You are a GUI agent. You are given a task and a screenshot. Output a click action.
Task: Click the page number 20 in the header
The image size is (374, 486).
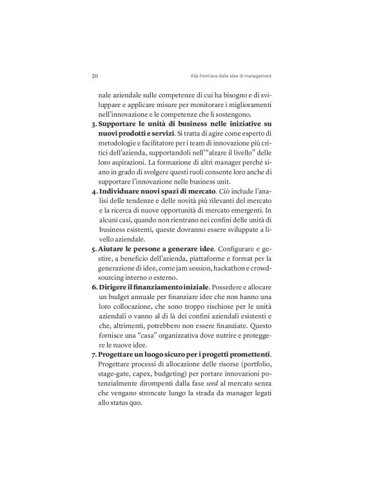click(95, 75)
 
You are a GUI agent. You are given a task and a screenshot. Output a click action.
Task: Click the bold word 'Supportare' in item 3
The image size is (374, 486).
click(123, 122)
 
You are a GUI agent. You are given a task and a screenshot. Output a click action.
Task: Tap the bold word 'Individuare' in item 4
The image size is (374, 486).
click(124, 191)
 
